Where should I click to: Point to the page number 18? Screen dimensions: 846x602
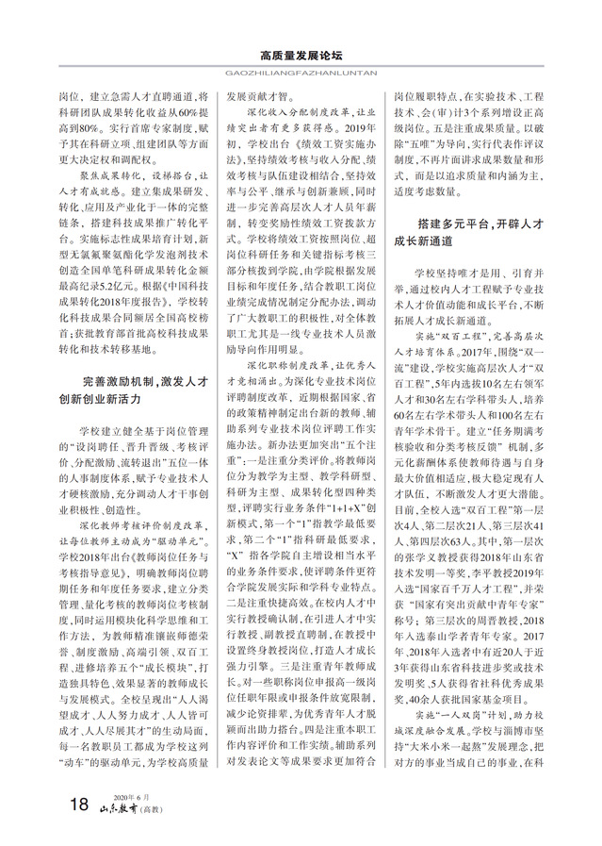79,804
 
